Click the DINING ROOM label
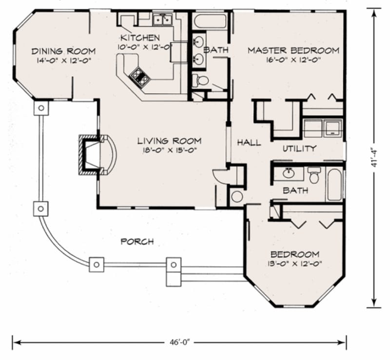(63, 51)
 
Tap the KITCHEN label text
(140, 38)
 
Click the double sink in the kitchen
(162, 19)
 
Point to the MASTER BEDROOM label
(293, 50)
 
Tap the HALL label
(249, 143)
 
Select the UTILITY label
(299, 148)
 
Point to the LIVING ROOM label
(169, 141)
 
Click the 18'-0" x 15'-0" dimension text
(169, 151)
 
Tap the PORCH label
(137, 241)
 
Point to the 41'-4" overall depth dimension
(375, 157)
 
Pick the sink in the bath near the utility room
(288, 173)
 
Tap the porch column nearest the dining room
(41, 108)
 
